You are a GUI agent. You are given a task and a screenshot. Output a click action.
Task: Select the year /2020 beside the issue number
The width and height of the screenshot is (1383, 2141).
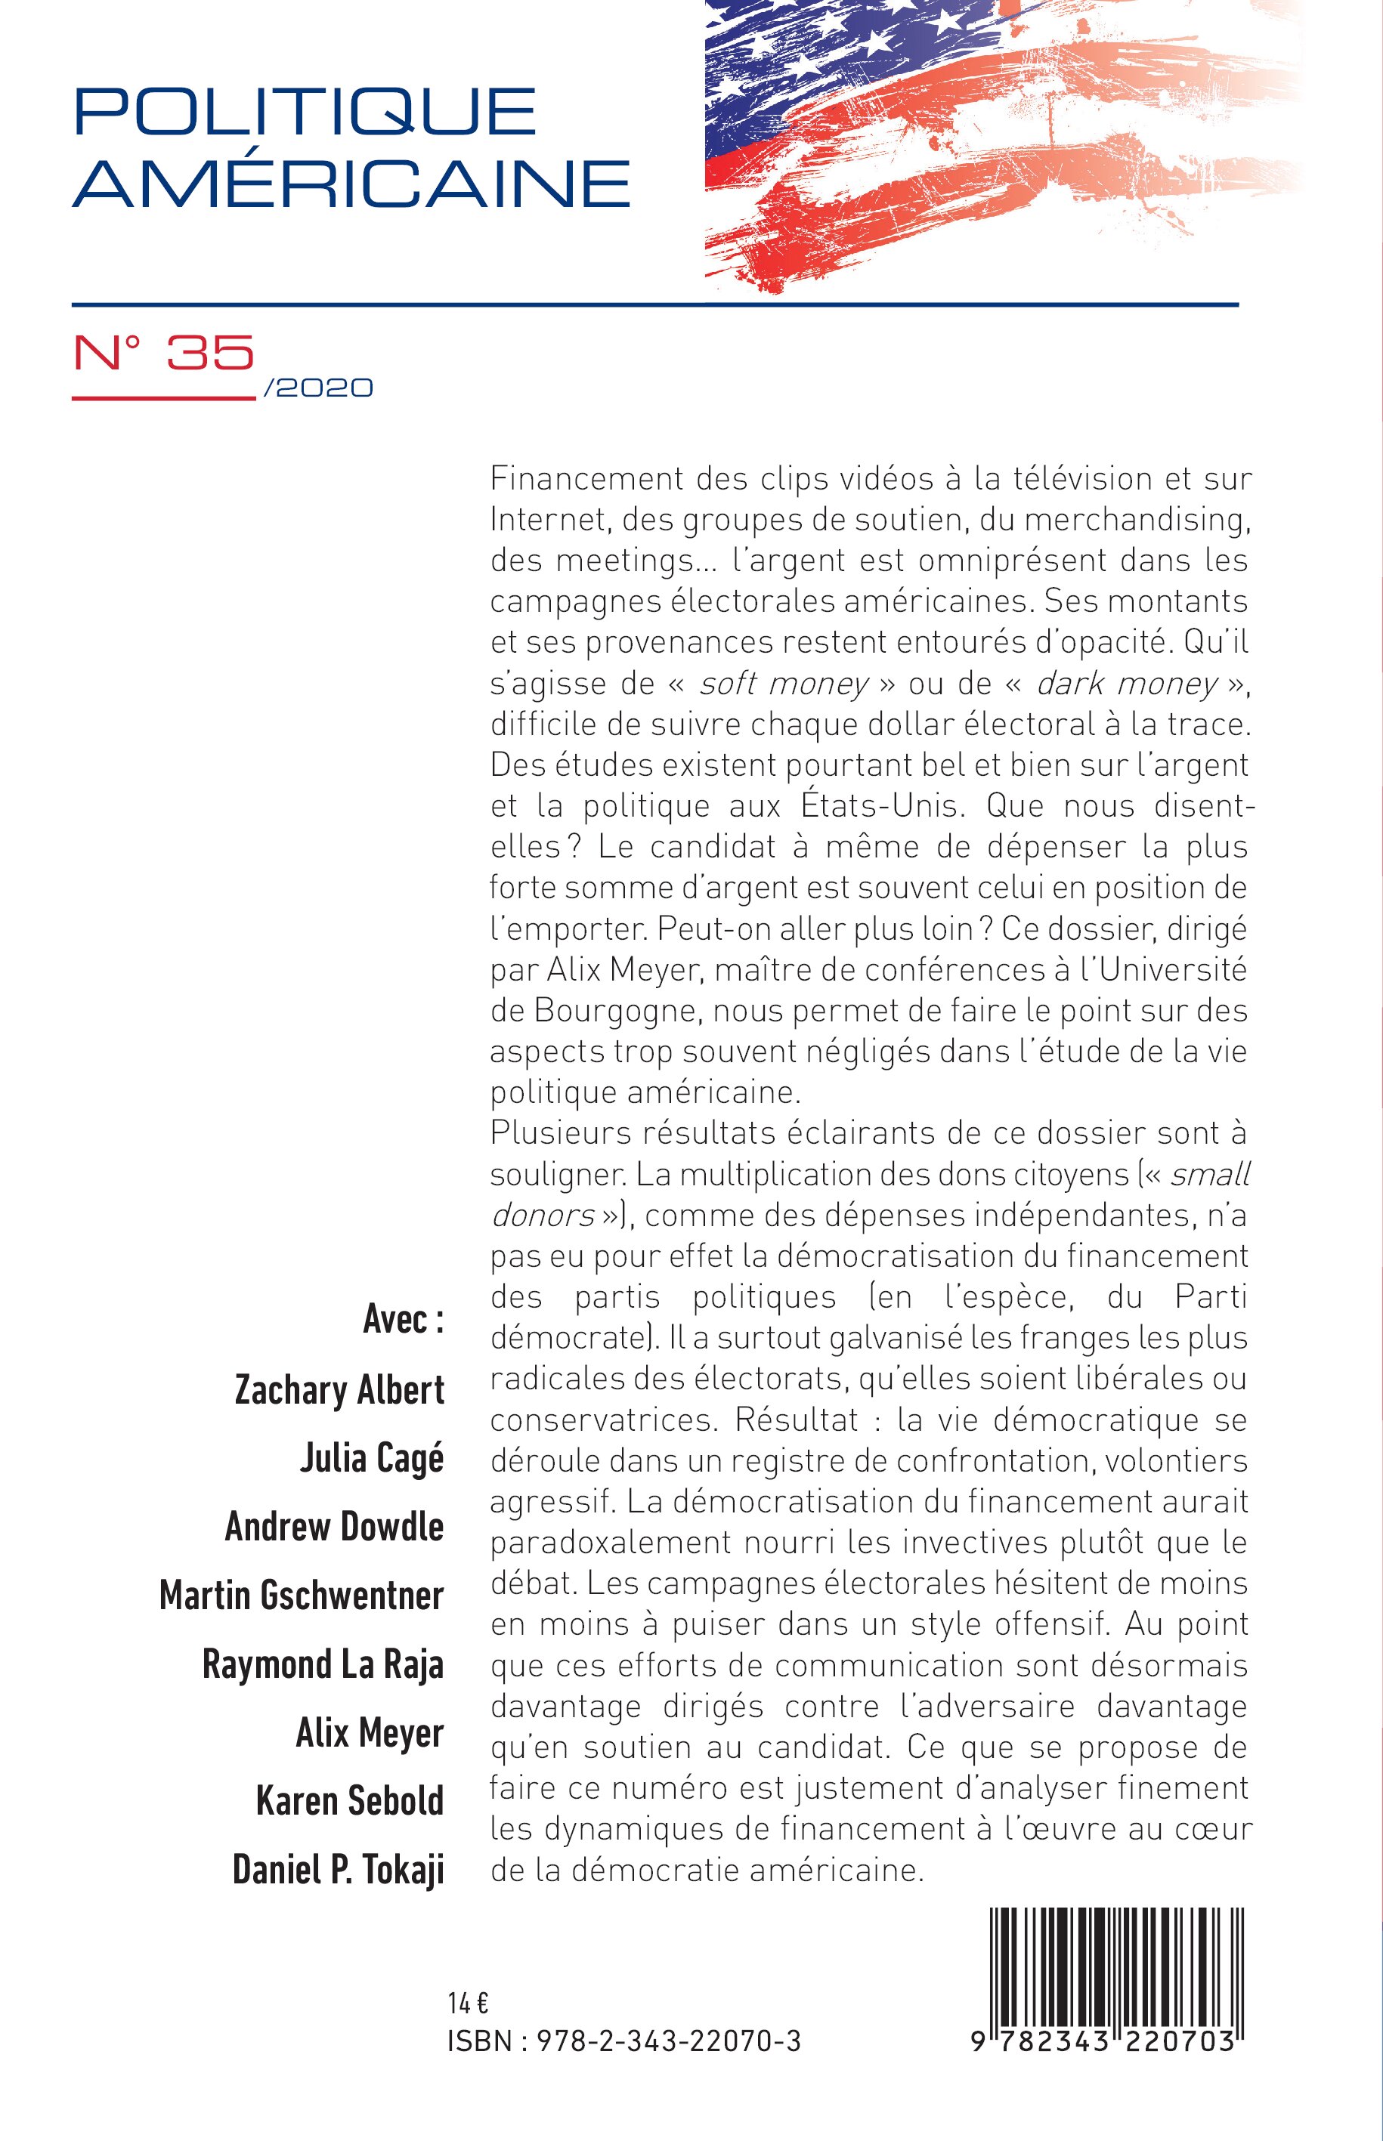[x=318, y=388]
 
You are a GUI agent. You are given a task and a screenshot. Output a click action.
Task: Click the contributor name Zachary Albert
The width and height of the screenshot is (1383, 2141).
[x=339, y=1389]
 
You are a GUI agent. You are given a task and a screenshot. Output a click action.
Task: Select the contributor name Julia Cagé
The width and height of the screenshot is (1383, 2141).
[x=371, y=1458]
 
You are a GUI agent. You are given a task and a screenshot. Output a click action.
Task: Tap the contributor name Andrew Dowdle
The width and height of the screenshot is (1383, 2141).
[x=334, y=1526]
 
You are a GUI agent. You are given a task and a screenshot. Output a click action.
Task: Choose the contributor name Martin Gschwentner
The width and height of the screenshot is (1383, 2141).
[x=301, y=1596]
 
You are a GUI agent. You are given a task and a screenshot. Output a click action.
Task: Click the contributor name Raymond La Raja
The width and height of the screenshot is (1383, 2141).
[x=323, y=1664]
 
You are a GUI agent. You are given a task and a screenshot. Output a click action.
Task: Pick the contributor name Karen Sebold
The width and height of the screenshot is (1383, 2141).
[x=349, y=1801]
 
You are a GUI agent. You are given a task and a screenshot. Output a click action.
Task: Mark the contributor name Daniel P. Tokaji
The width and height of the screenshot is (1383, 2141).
[x=338, y=1869]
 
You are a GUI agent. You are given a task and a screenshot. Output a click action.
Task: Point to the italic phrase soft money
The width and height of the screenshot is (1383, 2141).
[x=783, y=684]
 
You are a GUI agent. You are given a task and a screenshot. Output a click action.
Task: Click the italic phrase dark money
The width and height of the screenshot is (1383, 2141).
[x=1126, y=684]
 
